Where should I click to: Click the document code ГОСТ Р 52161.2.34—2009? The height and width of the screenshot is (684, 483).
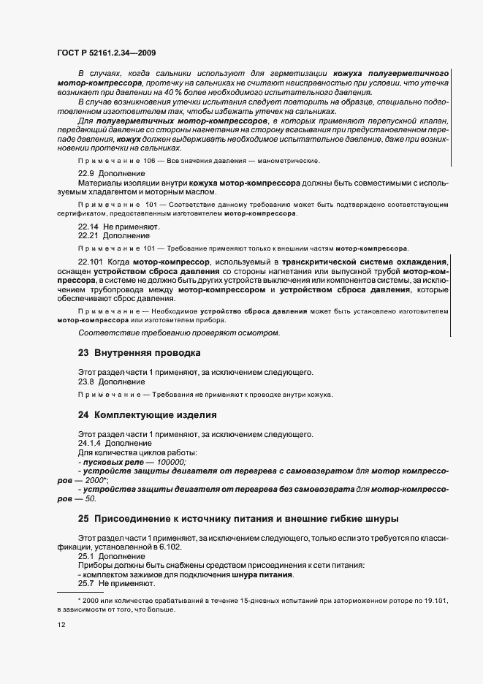[106, 53]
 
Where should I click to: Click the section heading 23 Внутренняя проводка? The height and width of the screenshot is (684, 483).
[139, 352]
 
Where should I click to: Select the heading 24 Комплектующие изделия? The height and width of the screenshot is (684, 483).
[147, 415]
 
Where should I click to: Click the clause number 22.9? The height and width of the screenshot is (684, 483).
[86, 172]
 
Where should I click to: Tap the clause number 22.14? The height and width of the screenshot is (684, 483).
[88, 227]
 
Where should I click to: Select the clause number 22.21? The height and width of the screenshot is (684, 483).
[88, 235]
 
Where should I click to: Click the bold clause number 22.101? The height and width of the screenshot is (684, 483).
[91, 261]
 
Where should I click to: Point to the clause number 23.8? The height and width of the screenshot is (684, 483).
[86, 381]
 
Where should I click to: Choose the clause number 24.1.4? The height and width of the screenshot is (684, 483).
[89, 443]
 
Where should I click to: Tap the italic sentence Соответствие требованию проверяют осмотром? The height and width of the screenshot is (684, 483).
[178, 332]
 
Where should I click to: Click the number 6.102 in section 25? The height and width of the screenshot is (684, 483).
[167, 546]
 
